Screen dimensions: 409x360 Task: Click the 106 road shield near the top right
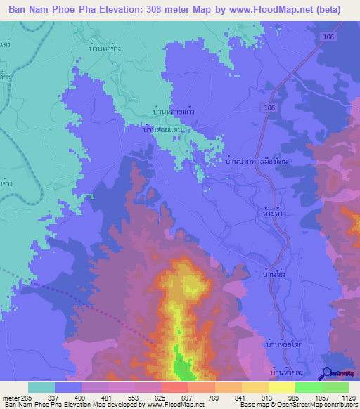pyautogui.click(x=330, y=37)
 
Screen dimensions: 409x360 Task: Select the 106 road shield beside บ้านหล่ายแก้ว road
pyautogui.click(x=271, y=108)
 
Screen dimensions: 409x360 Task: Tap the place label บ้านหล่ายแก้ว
pyautogui.click(x=174, y=111)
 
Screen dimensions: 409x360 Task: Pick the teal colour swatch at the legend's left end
pyautogui.click(x=41, y=387)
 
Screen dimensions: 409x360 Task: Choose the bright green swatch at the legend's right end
pyautogui.click(x=335, y=387)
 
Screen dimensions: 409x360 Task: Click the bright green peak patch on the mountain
pyautogui.click(x=182, y=367)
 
